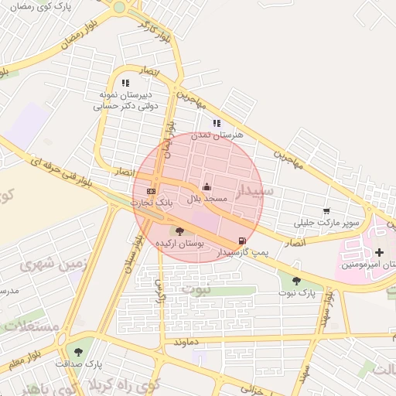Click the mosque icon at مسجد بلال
coord(207,187)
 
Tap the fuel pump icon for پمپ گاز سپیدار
coord(244,241)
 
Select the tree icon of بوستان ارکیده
coord(180,230)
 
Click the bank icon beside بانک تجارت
coord(151,191)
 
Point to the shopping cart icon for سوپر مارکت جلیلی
coord(326,211)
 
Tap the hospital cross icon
coord(379,252)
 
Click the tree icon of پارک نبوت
coord(296,281)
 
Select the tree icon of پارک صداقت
coord(78,352)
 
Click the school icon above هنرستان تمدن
coord(217,122)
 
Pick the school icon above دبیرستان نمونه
coord(125,82)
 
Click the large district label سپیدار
coord(253,193)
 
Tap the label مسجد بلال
coord(207,199)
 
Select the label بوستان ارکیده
coord(180,243)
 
